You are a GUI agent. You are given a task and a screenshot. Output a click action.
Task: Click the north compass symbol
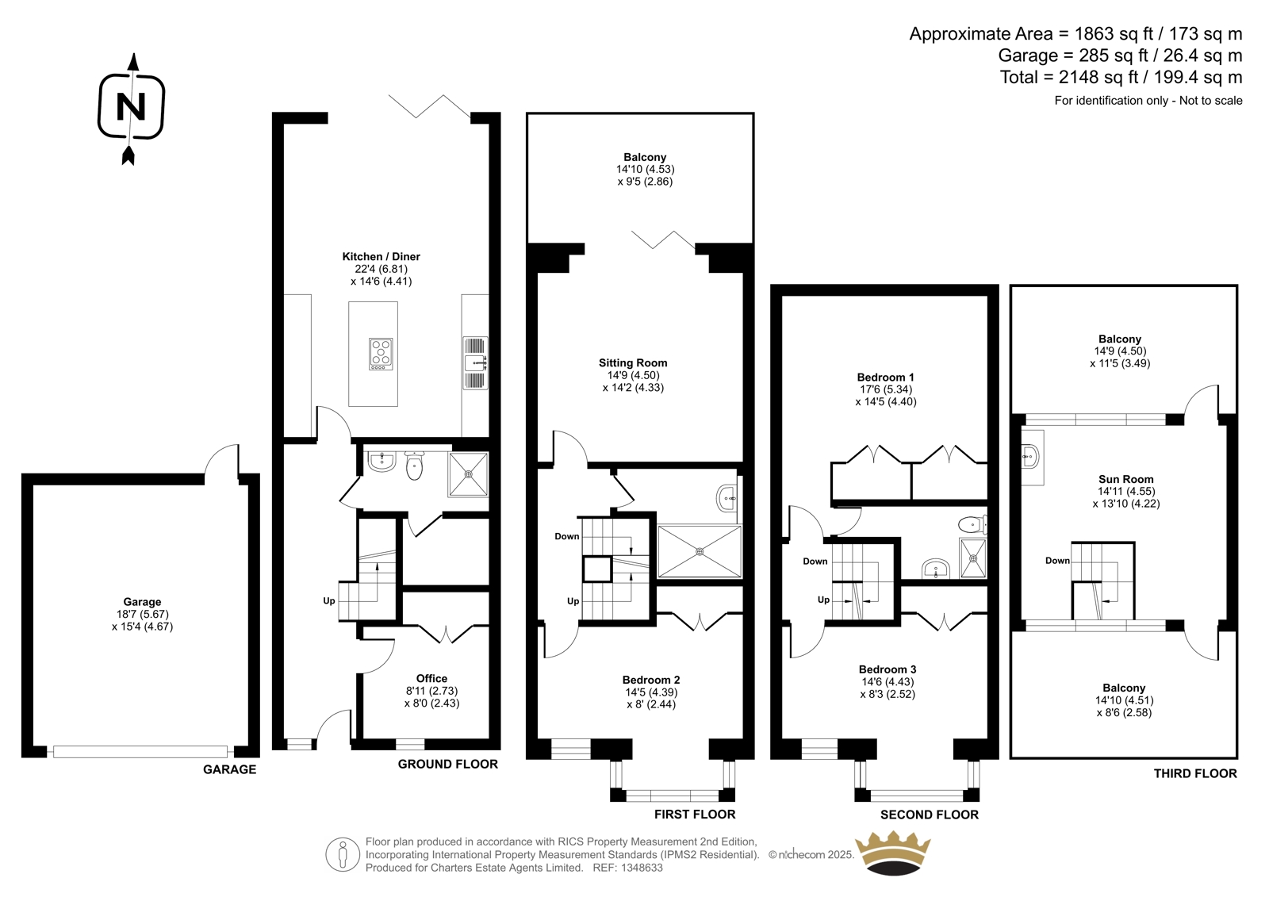click(x=132, y=109)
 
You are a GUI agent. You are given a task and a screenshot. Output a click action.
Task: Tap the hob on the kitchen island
click(x=381, y=355)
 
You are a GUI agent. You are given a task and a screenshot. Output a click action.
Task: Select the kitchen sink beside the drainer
click(x=473, y=362)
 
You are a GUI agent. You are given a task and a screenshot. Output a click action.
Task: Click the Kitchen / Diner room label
click(x=381, y=257)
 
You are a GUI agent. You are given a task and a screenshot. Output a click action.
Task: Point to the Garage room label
click(x=142, y=602)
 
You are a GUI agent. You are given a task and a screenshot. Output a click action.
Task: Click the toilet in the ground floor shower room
click(x=414, y=466)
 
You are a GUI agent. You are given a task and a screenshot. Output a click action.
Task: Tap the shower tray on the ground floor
click(x=468, y=474)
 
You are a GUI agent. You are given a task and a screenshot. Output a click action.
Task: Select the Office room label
click(x=431, y=678)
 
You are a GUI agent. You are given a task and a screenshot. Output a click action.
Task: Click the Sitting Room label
click(x=633, y=362)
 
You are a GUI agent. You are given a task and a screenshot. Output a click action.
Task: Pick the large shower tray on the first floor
click(x=700, y=551)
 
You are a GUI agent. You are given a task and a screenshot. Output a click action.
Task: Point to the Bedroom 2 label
click(x=651, y=680)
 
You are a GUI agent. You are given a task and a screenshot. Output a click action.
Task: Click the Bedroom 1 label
click(x=885, y=378)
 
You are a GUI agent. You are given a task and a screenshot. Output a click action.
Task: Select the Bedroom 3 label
click(x=888, y=669)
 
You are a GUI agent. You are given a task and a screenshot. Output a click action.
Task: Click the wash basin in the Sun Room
click(x=1031, y=455)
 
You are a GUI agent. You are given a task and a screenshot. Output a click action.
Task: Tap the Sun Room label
click(x=1125, y=479)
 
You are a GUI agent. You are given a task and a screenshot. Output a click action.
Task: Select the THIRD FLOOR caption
click(x=1195, y=773)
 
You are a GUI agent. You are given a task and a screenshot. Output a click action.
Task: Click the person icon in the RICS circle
click(x=342, y=854)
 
